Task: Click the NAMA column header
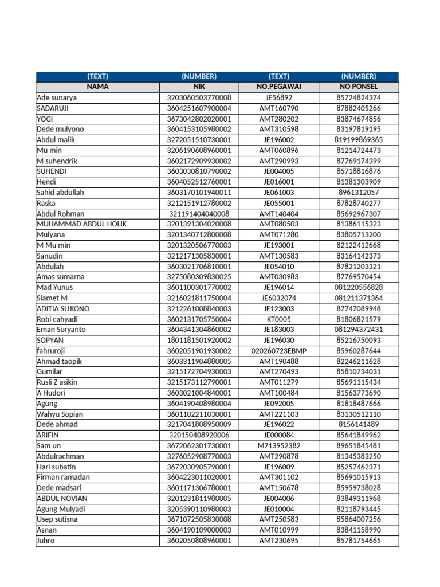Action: pos(97,87)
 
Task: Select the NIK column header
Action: pos(199,87)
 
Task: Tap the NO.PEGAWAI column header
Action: pos(279,87)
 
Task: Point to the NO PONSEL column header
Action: pos(359,87)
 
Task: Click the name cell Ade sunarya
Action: pos(57,97)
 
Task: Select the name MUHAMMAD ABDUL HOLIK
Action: pos(82,224)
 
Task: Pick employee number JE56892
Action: pos(279,97)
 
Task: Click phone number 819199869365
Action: pos(359,139)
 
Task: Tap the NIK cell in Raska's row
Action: pos(199,203)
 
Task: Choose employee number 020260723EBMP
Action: pos(279,351)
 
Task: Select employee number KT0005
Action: pos(279,319)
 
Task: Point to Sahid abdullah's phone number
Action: pos(359,193)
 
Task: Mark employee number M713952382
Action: pos(279,445)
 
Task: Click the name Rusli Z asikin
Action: pos(60,382)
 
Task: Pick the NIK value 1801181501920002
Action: pos(199,340)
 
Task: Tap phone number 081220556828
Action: pos(359,287)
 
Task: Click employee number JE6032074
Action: pos(279,298)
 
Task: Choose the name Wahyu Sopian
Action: pos(60,414)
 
